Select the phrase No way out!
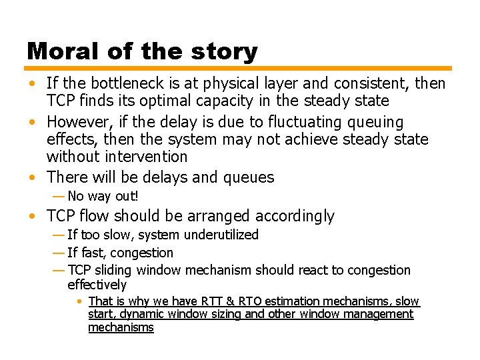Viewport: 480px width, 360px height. click(103, 196)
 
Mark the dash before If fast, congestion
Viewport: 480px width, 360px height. click(57, 253)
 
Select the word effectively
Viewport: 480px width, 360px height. click(97, 285)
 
